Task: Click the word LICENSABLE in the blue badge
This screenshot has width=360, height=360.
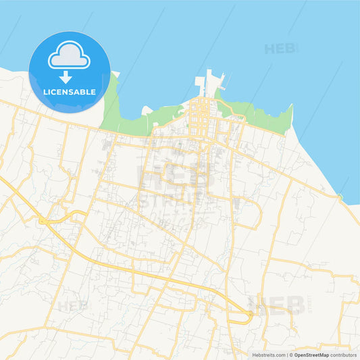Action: (x=70, y=91)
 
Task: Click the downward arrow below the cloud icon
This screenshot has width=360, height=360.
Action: (x=66, y=77)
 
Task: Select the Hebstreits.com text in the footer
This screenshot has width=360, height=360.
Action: (x=269, y=355)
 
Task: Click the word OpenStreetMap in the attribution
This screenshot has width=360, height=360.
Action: (x=311, y=355)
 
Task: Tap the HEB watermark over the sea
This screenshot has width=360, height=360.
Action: (x=281, y=49)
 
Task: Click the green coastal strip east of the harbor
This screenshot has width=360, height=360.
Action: (x=263, y=119)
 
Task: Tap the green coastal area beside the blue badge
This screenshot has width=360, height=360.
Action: (x=111, y=108)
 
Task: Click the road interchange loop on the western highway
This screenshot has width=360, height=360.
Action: (x=45, y=220)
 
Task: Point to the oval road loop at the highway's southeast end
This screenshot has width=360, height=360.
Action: (x=240, y=316)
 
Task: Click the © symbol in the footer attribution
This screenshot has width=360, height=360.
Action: (x=291, y=355)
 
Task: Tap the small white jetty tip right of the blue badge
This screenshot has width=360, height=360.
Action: (x=115, y=74)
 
